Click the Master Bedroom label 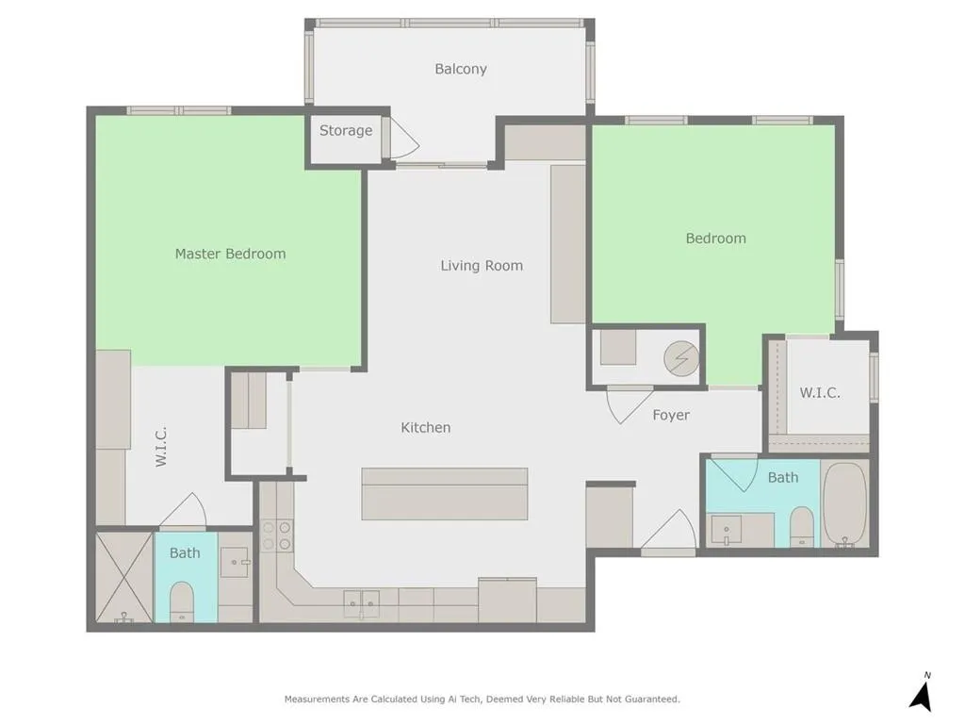[x=230, y=254]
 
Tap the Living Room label [x=482, y=266]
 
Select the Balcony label [x=461, y=69]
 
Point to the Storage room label [x=345, y=131]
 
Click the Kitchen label [x=426, y=428]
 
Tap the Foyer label [x=671, y=415]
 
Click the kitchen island [x=445, y=493]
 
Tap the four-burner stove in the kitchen [x=276, y=535]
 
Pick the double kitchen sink [x=361, y=601]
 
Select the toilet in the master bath [x=182, y=601]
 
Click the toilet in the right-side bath [x=802, y=525]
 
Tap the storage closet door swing [x=403, y=140]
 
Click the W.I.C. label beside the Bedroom [x=820, y=393]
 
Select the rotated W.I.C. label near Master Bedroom [x=161, y=447]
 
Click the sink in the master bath [x=235, y=562]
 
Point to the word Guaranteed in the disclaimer [x=648, y=699]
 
